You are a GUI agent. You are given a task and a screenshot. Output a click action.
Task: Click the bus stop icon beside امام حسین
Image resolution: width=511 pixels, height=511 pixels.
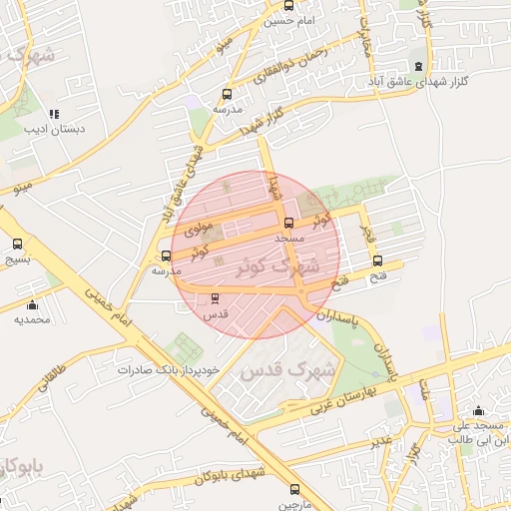click(288, 5)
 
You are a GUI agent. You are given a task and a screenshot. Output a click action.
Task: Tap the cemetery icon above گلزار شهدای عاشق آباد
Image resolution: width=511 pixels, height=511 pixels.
click(433, 64)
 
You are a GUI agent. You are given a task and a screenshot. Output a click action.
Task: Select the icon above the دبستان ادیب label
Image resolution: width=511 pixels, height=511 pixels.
click(54, 114)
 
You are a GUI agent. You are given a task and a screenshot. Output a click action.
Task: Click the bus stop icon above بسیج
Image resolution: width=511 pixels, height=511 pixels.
click(17, 244)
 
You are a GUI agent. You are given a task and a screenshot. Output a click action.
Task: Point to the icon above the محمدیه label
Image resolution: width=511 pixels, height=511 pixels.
click(32, 305)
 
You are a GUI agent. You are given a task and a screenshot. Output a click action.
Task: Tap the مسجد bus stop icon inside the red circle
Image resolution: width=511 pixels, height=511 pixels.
click(289, 224)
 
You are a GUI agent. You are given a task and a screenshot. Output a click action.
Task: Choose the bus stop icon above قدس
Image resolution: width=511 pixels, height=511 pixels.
click(216, 297)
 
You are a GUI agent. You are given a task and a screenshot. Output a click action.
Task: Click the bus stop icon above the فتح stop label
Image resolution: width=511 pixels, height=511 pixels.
click(376, 261)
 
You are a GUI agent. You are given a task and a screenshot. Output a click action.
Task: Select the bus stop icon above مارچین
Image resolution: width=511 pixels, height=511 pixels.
click(293, 489)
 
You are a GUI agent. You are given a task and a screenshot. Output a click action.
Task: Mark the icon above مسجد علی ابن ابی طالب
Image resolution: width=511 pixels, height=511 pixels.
click(478, 410)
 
